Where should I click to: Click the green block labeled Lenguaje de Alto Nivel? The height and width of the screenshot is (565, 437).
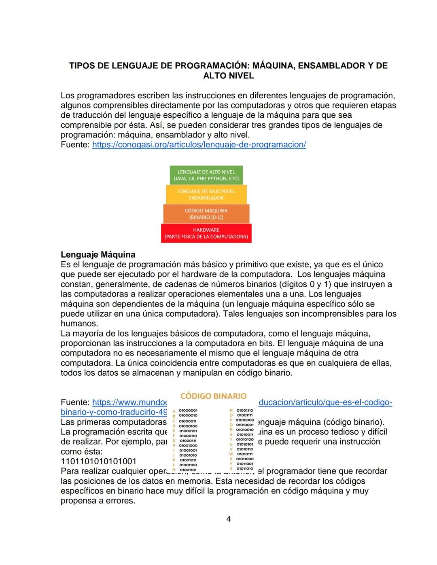tap(206, 175)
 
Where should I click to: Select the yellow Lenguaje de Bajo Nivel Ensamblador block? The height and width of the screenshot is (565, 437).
tap(206, 195)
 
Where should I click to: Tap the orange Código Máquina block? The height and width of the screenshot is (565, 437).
tap(206, 214)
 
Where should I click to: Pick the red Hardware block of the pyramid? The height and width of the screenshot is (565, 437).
tap(206, 233)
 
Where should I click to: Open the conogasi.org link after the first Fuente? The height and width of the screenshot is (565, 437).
tap(199, 144)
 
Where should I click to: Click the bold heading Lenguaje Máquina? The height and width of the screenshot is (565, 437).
tap(98, 255)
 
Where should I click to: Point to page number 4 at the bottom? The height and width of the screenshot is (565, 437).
tap(228, 519)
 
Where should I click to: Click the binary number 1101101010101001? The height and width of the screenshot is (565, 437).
tap(98, 461)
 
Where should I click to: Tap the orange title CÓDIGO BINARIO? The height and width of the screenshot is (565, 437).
tap(213, 396)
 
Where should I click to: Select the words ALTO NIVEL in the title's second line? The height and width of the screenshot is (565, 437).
tap(228, 76)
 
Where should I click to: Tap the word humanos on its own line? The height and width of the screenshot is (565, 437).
tap(79, 324)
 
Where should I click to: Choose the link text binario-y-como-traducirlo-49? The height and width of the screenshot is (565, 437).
tap(114, 412)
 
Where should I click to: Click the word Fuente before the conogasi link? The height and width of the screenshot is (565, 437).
tap(75, 144)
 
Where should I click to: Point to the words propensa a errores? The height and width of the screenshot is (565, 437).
tap(98, 501)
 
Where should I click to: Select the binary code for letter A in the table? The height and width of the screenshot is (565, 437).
tap(188, 411)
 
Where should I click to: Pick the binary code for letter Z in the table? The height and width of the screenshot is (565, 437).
tap(245, 469)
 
